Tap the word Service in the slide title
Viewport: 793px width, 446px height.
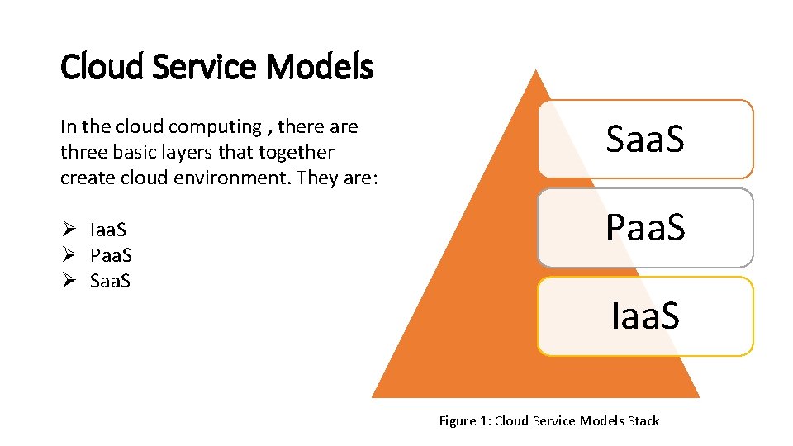click(205, 67)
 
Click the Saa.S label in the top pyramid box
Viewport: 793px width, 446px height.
click(645, 140)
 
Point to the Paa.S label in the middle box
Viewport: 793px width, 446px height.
click(645, 228)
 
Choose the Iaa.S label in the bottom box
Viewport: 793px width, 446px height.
click(645, 316)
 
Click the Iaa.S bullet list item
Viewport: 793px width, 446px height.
click(110, 230)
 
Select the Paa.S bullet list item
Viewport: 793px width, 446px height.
click(112, 255)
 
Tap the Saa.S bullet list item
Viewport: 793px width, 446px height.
click(111, 281)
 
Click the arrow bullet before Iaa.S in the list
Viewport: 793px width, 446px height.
click(69, 230)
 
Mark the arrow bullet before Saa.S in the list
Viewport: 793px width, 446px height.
click(69, 281)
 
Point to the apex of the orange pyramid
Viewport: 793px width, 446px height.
click(536, 72)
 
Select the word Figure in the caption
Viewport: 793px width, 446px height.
click(457, 421)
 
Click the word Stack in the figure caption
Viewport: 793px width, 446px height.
click(643, 421)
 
